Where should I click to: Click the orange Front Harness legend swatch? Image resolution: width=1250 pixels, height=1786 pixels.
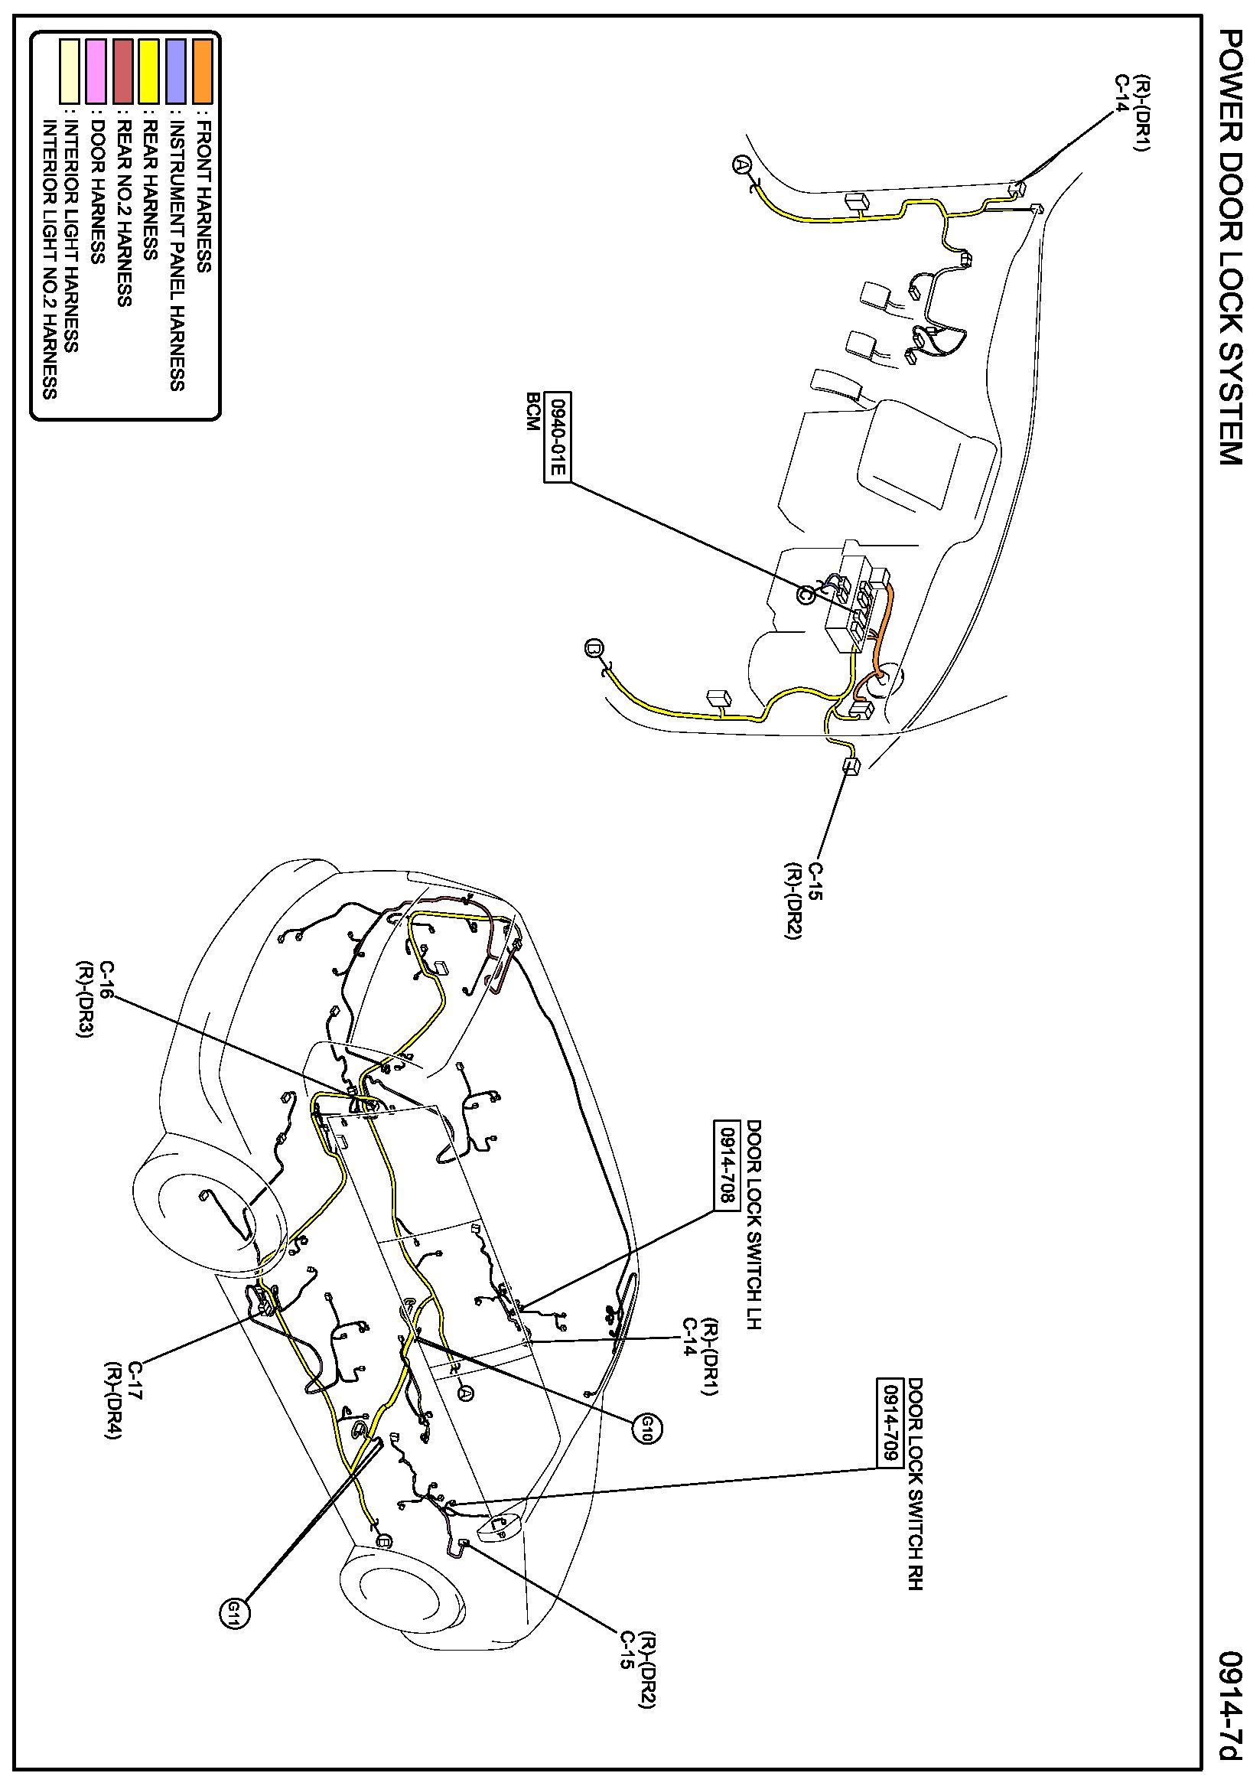tap(202, 72)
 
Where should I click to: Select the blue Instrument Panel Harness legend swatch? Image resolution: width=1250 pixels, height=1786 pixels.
tap(176, 72)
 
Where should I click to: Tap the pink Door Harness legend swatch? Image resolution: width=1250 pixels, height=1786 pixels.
tap(96, 72)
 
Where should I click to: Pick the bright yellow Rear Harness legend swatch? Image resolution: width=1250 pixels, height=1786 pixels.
tap(148, 72)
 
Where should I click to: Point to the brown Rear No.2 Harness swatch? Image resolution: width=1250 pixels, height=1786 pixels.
tap(123, 72)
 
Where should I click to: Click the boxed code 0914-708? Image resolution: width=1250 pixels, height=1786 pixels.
tap(725, 1165)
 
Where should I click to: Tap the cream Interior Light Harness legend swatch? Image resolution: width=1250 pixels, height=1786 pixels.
tap(70, 72)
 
